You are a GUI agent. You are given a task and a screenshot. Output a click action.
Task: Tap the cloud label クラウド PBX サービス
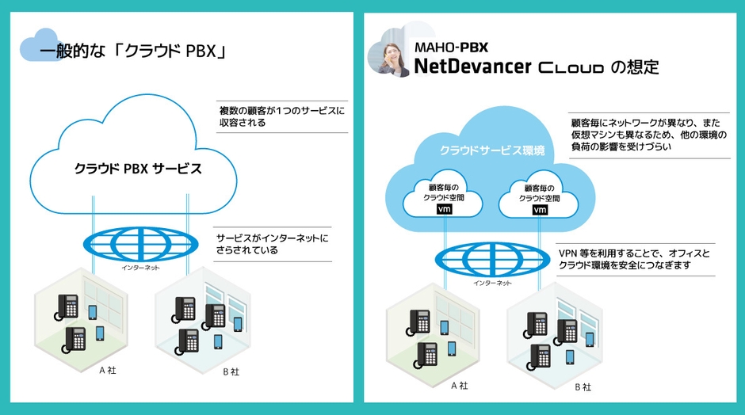coord(138,169)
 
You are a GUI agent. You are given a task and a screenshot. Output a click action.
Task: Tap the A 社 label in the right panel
coord(459,386)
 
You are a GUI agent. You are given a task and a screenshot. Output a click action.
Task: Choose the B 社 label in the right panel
coord(583,387)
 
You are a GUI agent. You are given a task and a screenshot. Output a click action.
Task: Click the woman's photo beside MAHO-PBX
coord(391,52)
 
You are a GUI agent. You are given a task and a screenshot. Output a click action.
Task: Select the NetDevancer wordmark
coord(472,67)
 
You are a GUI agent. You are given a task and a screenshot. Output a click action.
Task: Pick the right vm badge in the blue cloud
coord(540,211)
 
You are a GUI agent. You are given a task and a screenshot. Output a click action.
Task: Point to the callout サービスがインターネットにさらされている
coord(271,243)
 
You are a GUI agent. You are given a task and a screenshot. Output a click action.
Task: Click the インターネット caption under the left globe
coord(141,268)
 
